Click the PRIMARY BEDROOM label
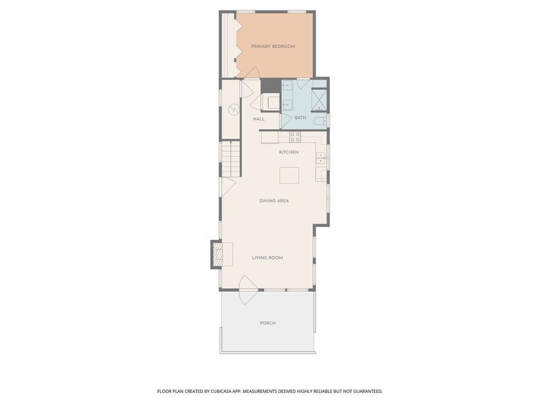click(273, 46)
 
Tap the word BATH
click(300, 118)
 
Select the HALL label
click(259, 119)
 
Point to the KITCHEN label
click(289, 152)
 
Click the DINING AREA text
click(274, 201)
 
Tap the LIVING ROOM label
click(267, 258)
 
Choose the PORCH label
click(267, 323)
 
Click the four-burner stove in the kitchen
click(295, 137)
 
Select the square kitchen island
click(289, 175)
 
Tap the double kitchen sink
click(321, 158)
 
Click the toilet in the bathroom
click(320, 121)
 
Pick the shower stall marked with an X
click(319, 100)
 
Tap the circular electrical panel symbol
click(233, 110)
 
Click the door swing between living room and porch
click(249, 290)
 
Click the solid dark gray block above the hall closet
click(271, 85)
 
